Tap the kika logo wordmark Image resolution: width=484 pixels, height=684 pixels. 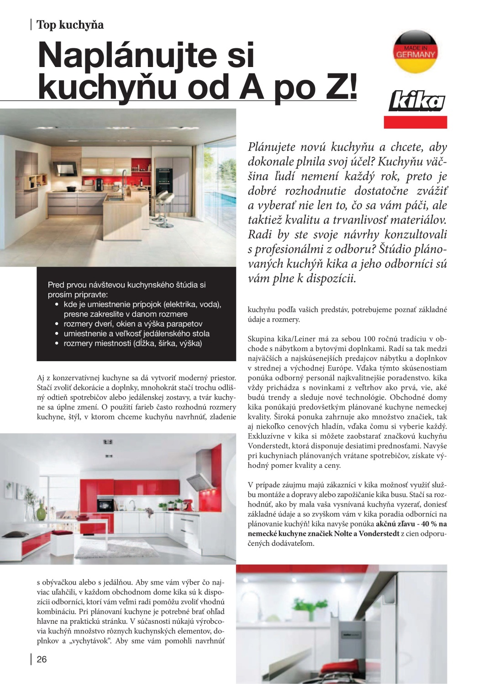(x=416, y=101)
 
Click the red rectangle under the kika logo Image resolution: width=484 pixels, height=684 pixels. (x=415, y=122)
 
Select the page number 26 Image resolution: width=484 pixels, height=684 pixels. (x=42, y=659)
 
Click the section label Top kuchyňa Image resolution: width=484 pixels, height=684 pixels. (x=70, y=25)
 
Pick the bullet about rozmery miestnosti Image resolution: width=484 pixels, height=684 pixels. (x=132, y=343)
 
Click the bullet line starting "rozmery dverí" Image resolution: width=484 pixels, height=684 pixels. (x=132, y=324)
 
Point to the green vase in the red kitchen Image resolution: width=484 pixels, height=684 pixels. (x=41, y=513)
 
